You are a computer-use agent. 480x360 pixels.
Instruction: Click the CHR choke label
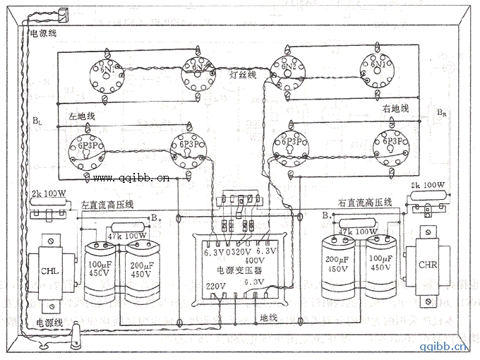428,266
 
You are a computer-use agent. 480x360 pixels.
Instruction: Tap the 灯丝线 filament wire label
242,73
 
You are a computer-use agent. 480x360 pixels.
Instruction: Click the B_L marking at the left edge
36,121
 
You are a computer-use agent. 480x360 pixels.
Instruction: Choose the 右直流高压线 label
364,202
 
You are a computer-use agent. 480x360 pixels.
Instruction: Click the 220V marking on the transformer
216,287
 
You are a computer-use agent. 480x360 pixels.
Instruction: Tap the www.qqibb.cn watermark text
131,178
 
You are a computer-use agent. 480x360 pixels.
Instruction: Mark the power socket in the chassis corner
61,16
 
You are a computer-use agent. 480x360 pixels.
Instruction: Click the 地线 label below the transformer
269,316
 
